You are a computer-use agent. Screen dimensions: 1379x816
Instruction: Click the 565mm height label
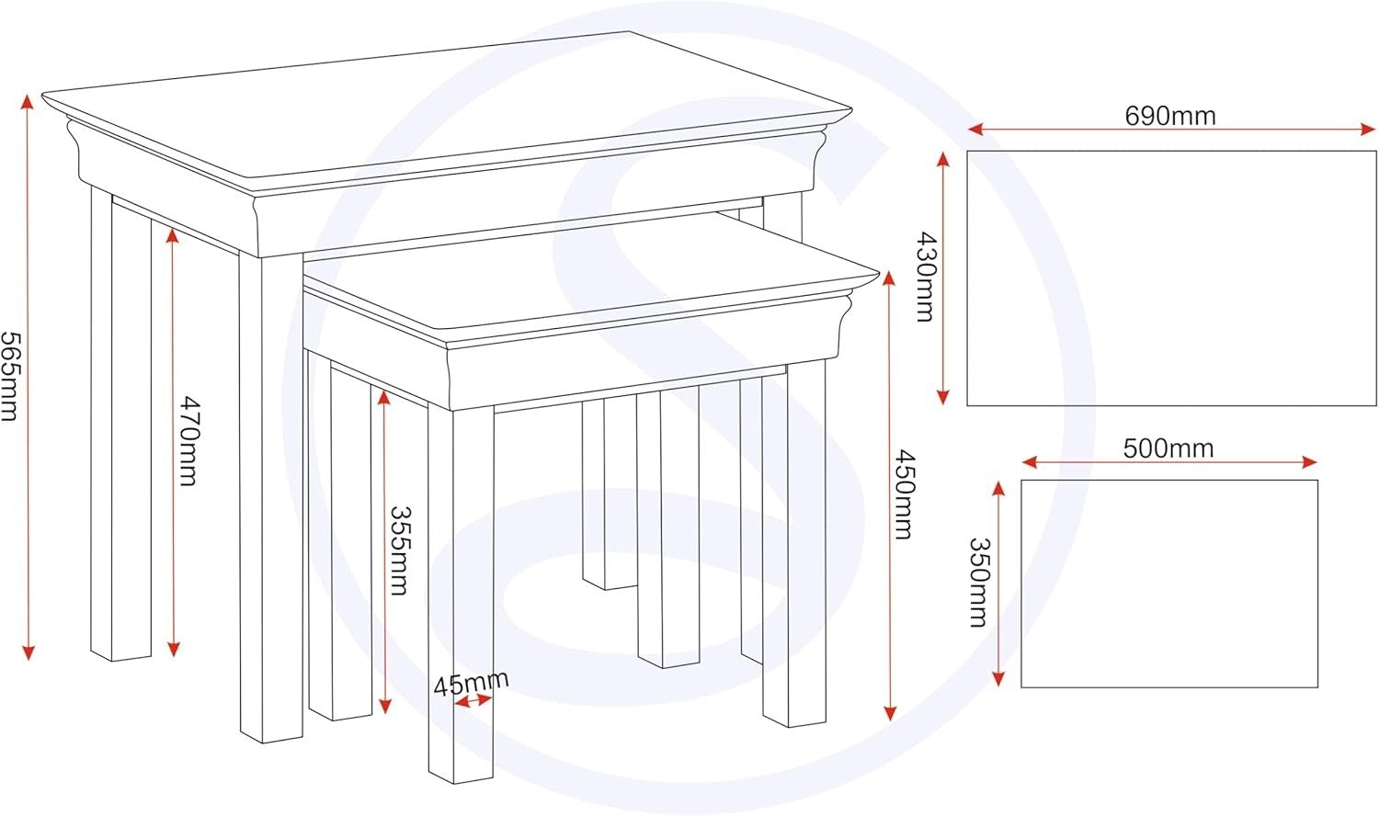[10, 377]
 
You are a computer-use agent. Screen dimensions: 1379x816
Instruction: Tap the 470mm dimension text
[189, 441]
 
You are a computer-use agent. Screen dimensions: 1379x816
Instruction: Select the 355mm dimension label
[400, 550]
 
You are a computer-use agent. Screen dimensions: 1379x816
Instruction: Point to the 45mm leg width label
[471, 684]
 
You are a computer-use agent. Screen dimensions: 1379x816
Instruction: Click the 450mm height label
[904, 494]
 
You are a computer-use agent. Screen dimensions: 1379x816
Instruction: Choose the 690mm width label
[1170, 116]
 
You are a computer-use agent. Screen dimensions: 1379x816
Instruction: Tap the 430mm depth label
[925, 277]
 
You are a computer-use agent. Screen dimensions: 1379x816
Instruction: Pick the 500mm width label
[1168, 448]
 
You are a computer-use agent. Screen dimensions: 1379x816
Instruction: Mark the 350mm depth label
[978, 583]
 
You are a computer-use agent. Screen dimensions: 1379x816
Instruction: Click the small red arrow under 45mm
[473, 700]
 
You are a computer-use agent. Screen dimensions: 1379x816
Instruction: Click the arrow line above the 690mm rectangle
[1171, 130]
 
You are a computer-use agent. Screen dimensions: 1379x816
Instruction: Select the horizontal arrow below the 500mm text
[1169, 462]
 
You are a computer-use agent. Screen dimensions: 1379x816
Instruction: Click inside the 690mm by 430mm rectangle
[1171, 278]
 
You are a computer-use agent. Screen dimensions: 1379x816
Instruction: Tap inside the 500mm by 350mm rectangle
[1169, 584]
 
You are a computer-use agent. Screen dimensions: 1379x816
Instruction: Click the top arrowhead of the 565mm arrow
[28, 102]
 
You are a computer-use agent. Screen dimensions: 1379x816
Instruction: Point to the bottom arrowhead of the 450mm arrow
[889, 712]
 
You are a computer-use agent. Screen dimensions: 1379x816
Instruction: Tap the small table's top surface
[591, 277]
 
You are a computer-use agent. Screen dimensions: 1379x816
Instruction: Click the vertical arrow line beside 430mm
[942, 278]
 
